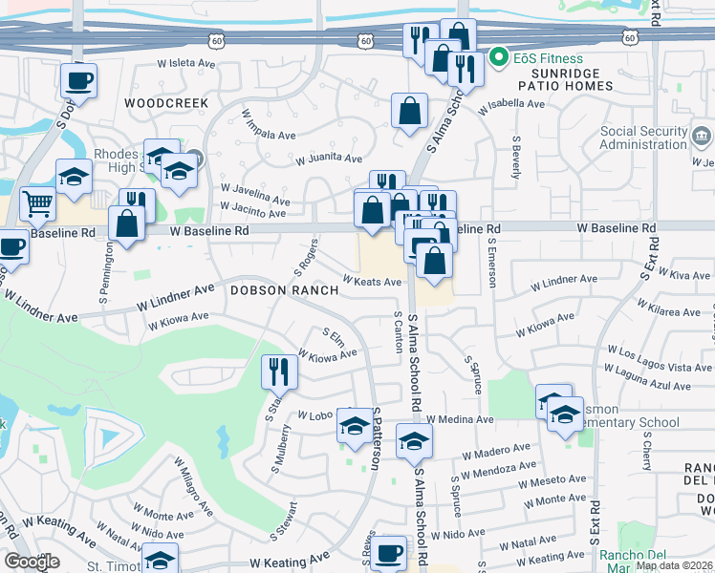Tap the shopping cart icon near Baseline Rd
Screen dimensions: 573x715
(37, 202)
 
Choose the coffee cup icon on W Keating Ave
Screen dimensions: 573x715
(388, 552)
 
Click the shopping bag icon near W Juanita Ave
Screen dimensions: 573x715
(409, 111)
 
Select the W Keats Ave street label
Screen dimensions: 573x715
(373, 282)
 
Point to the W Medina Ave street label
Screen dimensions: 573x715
(460, 419)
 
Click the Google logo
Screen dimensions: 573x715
(32, 561)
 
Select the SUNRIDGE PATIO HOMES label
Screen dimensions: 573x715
(559, 80)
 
